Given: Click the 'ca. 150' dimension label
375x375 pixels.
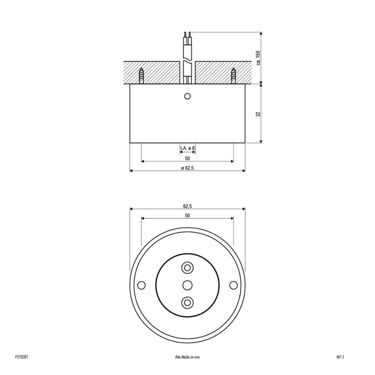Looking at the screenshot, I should (258, 58).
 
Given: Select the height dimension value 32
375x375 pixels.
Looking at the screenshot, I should (258, 114).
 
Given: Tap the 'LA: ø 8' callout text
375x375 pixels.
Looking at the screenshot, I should (187, 148).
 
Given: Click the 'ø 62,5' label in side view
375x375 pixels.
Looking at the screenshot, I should (187, 168).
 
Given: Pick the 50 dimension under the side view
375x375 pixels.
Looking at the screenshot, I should (187, 158).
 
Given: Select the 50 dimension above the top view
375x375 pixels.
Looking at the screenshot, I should (187, 216).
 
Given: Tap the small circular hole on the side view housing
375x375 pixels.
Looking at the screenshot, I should (187, 96).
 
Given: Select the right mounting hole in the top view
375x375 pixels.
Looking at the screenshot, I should (232, 285).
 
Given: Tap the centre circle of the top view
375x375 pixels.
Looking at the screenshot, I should (187, 285).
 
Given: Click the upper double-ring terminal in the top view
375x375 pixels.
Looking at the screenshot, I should (187, 268).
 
